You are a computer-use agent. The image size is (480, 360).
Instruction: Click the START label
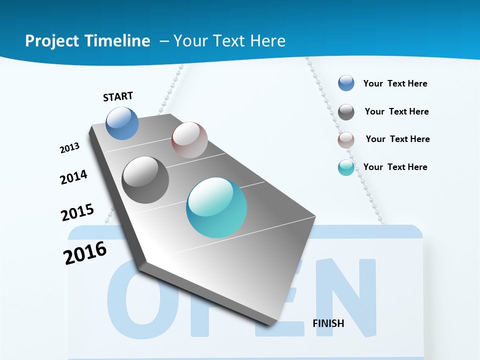pyautogui.click(x=118, y=96)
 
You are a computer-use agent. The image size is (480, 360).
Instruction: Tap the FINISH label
pyautogui.click(x=328, y=323)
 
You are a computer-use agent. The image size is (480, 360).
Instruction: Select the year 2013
pyautogui.click(x=69, y=148)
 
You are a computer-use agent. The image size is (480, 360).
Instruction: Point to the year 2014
pyautogui.click(x=73, y=177)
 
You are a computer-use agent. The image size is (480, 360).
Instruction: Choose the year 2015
pyautogui.click(x=77, y=212)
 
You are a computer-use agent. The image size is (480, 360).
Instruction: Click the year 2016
pyautogui.click(x=85, y=253)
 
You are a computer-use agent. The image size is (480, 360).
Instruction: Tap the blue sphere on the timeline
pyautogui.click(x=122, y=123)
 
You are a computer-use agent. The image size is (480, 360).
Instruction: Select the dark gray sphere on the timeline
pyautogui.click(x=145, y=180)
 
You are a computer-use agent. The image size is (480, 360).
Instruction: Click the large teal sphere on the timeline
pyautogui.click(x=216, y=207)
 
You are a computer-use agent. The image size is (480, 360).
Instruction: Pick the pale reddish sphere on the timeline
pyautogui.click(x=189, y=140)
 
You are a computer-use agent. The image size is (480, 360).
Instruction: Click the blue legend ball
pyautogui.click(x=346, y=83)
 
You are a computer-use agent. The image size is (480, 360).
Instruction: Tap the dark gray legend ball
pyautogui.click(x=346, y=112)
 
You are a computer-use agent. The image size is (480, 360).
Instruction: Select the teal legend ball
pyautogui.click(x=346, y=168)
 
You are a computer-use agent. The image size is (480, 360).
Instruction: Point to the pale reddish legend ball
pyautogui.click(x=346, y=140)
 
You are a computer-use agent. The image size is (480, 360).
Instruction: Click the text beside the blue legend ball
pyautogui.click(x=395, y=83)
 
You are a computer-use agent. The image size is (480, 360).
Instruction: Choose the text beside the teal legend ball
pyautogui.click(x=395, y=167)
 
